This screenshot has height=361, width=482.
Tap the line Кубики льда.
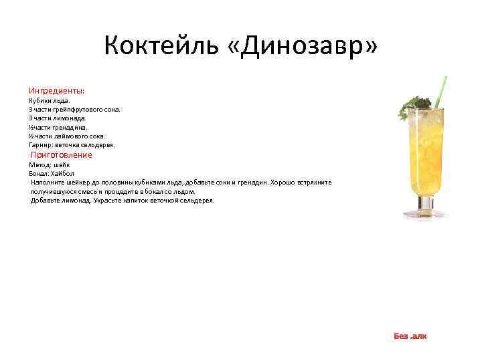point(49,101)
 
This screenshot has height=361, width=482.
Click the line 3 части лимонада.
point(57,118)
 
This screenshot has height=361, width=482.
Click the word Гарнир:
point(42,144)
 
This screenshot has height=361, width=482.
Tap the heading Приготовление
point(66,155)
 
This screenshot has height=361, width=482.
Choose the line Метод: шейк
point(49,164)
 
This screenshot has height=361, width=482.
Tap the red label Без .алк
point(410,336)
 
